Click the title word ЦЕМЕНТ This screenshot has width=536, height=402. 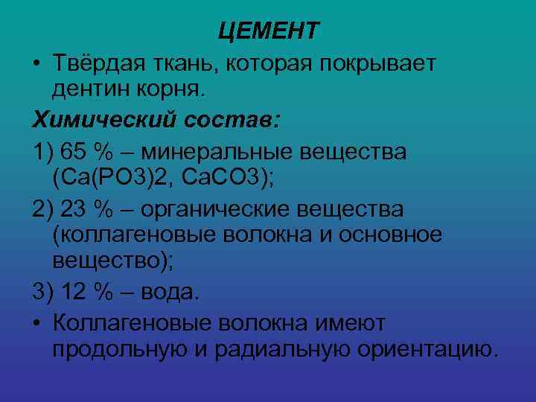click(269, 31)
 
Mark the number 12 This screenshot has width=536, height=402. click(77, 293)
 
